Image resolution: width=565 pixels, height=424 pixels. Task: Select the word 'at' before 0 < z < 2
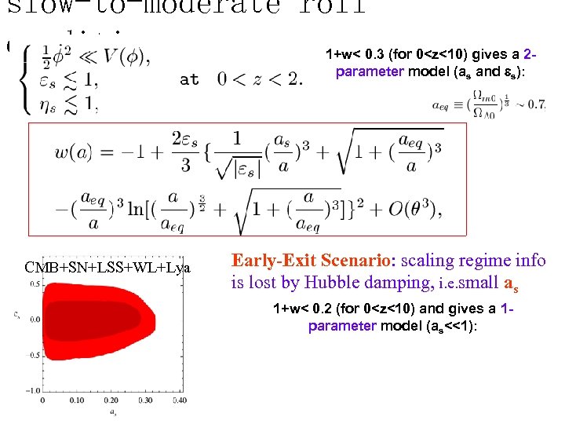point(189,79)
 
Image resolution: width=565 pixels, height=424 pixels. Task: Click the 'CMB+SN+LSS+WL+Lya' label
point(107,268)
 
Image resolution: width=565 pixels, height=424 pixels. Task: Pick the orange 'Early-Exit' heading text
point(272,261)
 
